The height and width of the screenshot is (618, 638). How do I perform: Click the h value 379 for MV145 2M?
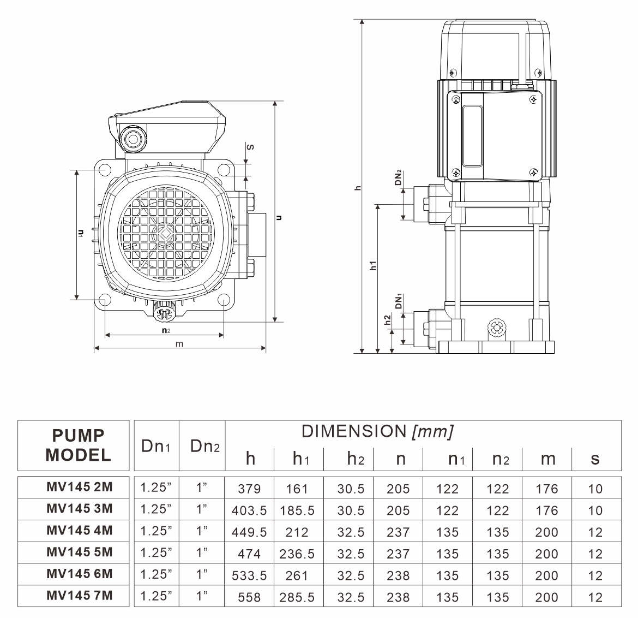(x=250, y=489)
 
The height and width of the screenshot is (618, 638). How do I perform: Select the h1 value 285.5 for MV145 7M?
(x=297, y=597)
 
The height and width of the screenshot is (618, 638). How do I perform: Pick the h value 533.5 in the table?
(x=250, y=575)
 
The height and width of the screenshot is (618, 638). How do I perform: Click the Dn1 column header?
(x=157, y=446)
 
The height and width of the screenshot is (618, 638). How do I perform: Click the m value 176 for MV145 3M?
(x=547, y=510)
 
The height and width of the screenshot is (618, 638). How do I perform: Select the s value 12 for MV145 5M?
(x=595, y=554)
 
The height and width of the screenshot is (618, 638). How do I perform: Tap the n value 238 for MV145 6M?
(x=398, y=575)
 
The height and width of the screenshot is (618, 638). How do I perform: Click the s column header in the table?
(x=595, y=459)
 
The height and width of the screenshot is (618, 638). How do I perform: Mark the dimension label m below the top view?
(x=179, y=344)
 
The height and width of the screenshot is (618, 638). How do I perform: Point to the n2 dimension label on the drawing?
(x=166, y=331)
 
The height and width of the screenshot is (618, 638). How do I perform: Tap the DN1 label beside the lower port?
(x=399, y=302)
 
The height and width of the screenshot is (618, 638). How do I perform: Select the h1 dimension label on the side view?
(x=374, y=266)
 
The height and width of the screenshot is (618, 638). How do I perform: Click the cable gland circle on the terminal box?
(x=133, y=138)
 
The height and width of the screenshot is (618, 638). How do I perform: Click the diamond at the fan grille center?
(x=165, y=233)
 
